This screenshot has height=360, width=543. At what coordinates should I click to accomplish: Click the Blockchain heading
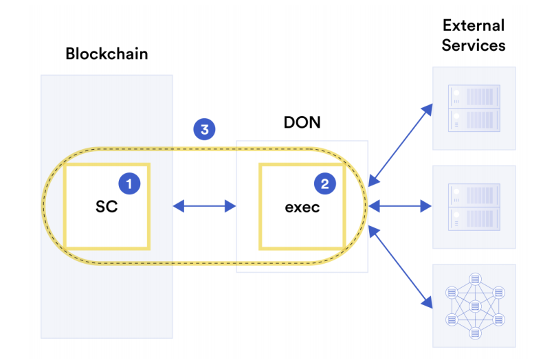point(107,54)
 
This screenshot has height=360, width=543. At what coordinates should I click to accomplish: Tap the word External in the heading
point(474,25)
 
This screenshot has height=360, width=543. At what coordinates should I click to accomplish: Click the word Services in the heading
point(474,45)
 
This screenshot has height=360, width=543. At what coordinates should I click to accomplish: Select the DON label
point(302,122)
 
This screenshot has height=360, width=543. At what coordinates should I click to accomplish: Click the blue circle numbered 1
point(129,183)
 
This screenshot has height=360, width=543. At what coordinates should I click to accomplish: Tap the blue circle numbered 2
point(325,183)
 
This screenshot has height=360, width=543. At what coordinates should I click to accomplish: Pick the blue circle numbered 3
point(204,129)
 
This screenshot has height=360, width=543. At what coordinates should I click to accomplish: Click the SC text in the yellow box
point(107,207)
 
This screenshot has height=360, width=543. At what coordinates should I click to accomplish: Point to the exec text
point(302,207)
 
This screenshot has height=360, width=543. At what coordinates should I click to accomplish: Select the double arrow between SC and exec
point(204,206)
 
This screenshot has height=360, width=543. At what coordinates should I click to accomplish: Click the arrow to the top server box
point(401,145)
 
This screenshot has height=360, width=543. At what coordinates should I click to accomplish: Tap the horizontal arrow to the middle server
point(400,206)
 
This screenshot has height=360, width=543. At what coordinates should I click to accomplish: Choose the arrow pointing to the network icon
point(401,267)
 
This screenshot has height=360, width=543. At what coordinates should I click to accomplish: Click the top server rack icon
point(474,109)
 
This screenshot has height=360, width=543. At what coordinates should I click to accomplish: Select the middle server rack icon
point(474,207)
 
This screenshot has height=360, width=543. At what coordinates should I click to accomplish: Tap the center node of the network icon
point(475,306)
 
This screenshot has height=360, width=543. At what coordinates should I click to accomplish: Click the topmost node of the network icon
point(475,279)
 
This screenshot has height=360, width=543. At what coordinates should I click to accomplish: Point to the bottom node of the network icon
point(475,333)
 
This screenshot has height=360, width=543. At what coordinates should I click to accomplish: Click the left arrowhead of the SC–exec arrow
point(178,206)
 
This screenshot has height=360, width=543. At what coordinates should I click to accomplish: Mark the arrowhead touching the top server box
point(428,109)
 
